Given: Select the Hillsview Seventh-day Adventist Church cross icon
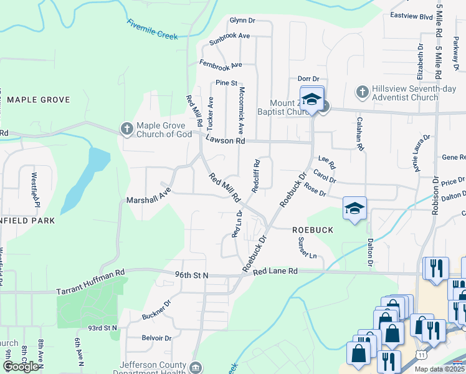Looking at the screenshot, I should [363, 92].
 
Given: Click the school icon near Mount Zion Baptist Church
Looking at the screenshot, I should [312, 99].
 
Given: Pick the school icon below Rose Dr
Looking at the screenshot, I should [354, 208].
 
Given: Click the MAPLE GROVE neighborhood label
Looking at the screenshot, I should [38, 100].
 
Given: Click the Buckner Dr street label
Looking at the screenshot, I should [156, 310].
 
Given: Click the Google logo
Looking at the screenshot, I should [21, 366].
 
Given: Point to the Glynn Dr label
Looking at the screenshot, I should [243, 20].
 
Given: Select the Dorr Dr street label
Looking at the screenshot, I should [308, 79].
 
